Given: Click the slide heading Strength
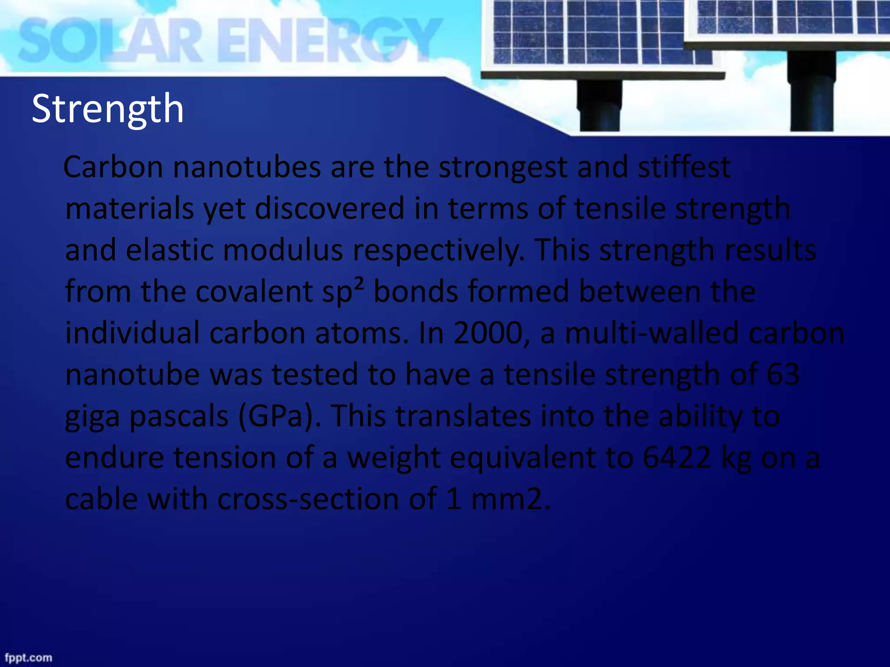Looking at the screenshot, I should point(108,109).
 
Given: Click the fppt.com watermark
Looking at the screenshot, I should point(28,657).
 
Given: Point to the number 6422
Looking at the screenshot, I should point(677,457).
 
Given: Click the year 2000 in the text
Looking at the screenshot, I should point(488,333).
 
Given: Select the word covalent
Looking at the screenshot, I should point(254,291).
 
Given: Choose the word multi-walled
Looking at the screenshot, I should point(652,333).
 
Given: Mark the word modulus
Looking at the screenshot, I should point(283,251).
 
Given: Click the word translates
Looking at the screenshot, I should point(463,416).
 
